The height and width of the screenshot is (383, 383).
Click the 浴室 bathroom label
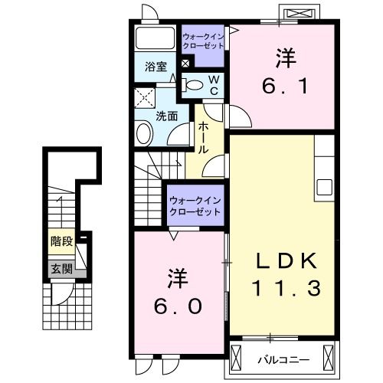pyautogui.click(x=156, y=67)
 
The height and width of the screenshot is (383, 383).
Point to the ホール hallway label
pyautogui.click(x=203, y=139)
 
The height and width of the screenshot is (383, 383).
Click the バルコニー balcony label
pyautogui.click(x=284, y=358)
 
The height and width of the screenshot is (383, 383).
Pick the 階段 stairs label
pyautogui.click(x=62, y=241)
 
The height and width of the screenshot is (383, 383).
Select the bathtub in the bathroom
pyautogui.click(x=156, y=40)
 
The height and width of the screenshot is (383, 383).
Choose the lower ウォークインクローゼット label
pyautogui.click(x=195, y=205)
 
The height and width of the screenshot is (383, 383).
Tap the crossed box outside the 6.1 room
pyautogui.click(x=298, y=15)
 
